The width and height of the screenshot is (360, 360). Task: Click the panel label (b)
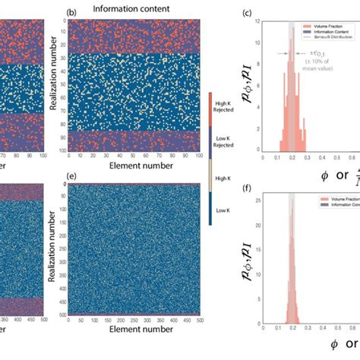click(72, 12)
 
